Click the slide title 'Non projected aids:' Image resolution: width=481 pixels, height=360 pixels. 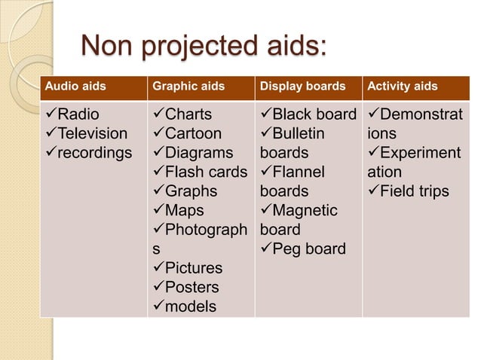pyautogui.click(x=204, y=46)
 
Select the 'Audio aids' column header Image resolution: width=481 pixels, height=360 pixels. pyautogui.click(x=74, y=87)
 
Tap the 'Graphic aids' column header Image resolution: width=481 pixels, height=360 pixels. pyautogui.click(x=188, y=87)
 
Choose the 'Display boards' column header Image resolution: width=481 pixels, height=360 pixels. pyautogui.click(x=302, y=87)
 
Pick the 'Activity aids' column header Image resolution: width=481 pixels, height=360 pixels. pyautogui.click(x=402, y=87)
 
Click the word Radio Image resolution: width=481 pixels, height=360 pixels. pyautogui.click(x=78, y=115)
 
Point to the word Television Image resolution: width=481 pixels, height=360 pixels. pyautogui.click(x=93, y=134)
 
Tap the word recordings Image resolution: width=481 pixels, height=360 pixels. pyautogui.click(x=95, y=154)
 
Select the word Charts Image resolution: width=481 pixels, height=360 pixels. pyautogui.click(x=188, y=115)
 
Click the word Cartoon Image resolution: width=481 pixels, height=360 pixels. pyautogui.click(x=194, y=134)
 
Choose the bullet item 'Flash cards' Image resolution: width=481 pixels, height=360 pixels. pyautogui.click(x=206, y=172)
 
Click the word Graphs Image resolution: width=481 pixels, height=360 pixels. pyautogui.click(x=191, y=191)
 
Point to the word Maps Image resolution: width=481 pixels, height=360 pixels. pyautogui.click(x=185, y=211)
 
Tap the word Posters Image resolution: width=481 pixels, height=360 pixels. pyautogui.click(x=192, y=287)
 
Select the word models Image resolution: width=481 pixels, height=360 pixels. pyautogui.click(x=191, y=307)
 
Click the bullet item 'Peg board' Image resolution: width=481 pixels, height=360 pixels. pyautogui.click(x=308, y=249)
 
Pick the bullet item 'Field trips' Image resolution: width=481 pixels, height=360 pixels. pyautogui.click(x=414, y=191)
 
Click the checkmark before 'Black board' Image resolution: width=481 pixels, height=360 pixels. pyautogui.click(x=265, y=115)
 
